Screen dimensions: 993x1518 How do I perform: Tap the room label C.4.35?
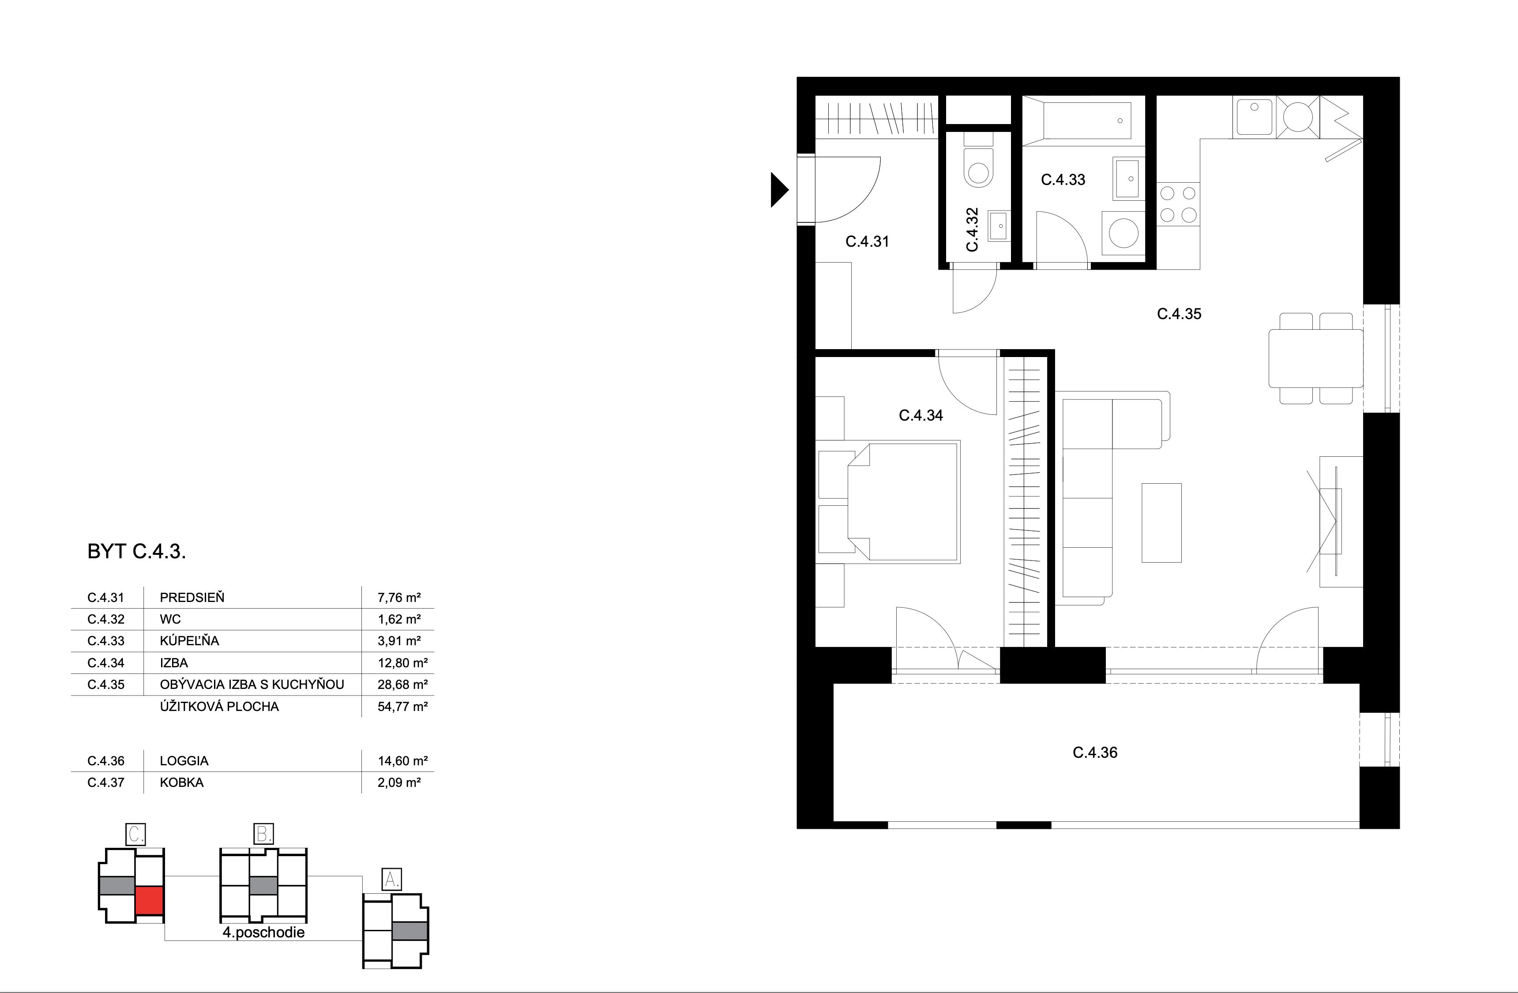(x=1179, y=314)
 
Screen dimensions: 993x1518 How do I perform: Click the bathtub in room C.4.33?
(x=1086, y=120)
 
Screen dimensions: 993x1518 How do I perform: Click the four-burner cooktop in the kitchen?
(x=1178, y=204)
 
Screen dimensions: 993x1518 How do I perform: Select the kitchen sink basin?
(x=1254, y=117)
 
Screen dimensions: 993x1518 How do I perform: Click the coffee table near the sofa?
(x=1161, y=523)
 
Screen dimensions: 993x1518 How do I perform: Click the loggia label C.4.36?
(x=1094, y=752)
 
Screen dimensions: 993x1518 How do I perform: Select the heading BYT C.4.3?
(x=136, y=552)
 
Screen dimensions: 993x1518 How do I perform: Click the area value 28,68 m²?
(x=402, y=685)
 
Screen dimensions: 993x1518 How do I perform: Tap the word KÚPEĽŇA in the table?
(x=189, y=641)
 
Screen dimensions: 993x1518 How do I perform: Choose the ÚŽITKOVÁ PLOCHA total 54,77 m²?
(x=402, y=707)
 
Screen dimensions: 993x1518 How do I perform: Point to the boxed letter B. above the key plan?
(x=263, y=834)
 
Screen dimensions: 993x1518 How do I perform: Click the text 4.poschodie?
(x=263, y=933)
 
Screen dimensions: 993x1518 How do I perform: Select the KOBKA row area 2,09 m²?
(x=398, y=782)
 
